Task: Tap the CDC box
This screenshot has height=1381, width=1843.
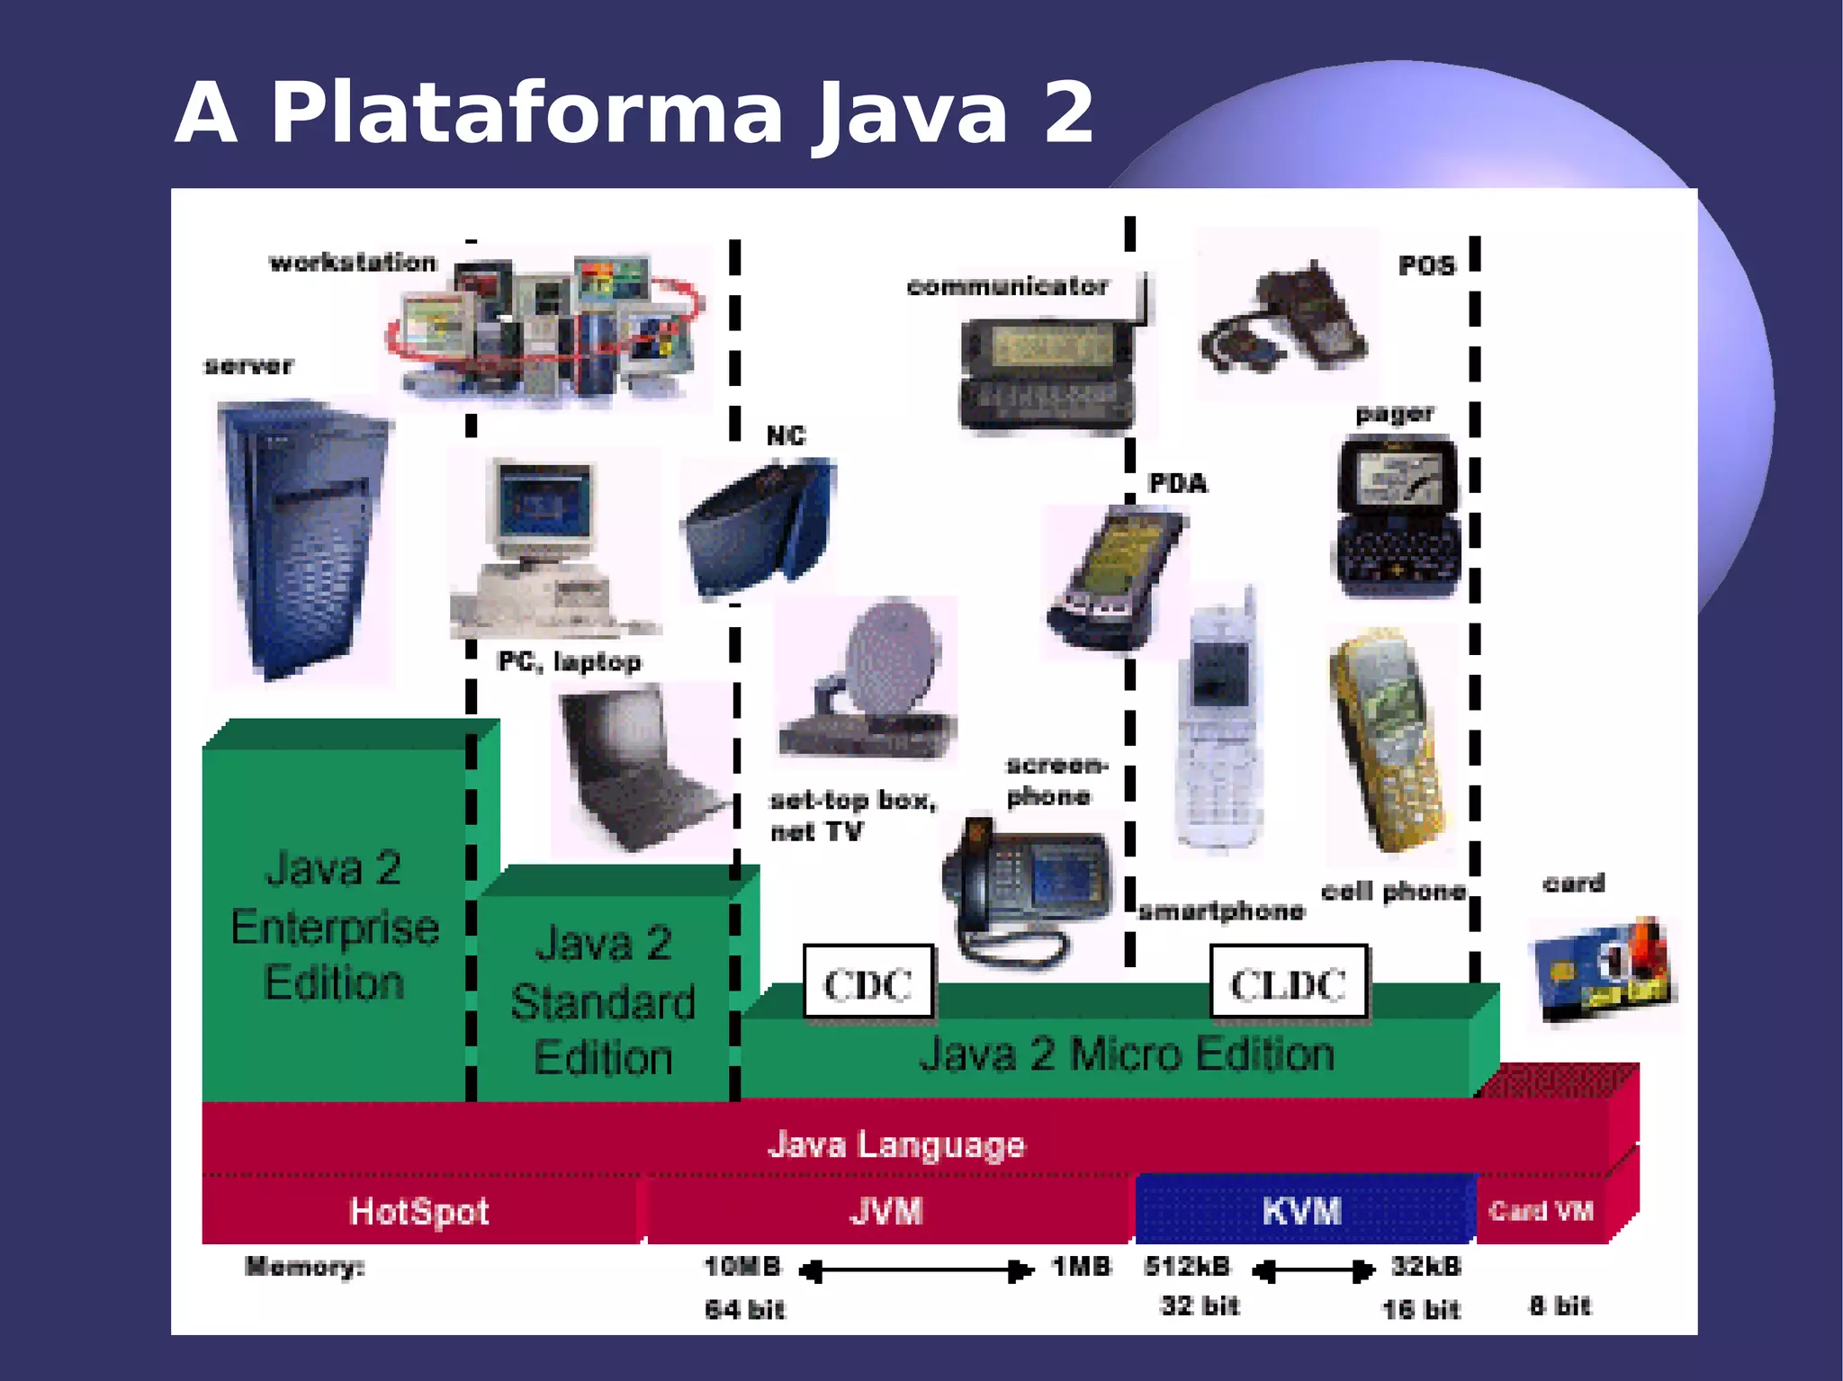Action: tap(868, 982)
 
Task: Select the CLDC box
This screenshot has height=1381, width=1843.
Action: tap(1288, 982)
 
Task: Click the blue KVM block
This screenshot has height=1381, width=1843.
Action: tap(1302, 1210)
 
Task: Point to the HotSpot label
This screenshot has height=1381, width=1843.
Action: tap(419, 1211)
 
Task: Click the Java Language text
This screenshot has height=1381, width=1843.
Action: tap(895, 1144)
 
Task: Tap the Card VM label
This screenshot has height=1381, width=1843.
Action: tap(1541, 1211)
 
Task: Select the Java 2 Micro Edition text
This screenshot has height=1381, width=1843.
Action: tap(1126, 1054)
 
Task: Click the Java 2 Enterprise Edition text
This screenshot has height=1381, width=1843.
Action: tap(334, 927)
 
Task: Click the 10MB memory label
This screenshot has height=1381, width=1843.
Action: tap(742, 1267)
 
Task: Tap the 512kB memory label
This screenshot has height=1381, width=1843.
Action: tap(1187, 1267)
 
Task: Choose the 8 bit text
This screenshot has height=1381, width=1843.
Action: tap(1560, 1305)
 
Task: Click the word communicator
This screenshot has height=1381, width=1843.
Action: tap(1007, 287)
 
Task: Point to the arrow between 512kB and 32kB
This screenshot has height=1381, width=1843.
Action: tap(1313, 1270)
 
